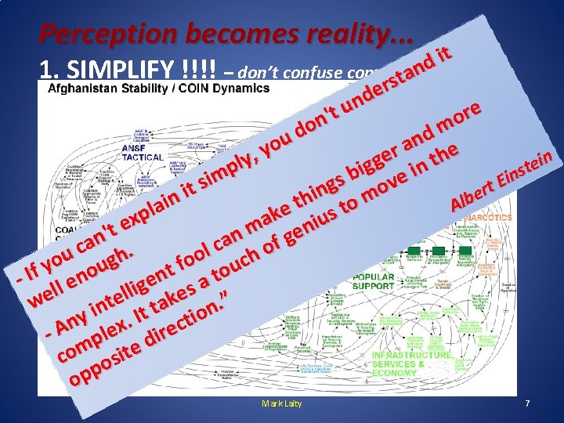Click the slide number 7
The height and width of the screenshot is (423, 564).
[x=527, y=403]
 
